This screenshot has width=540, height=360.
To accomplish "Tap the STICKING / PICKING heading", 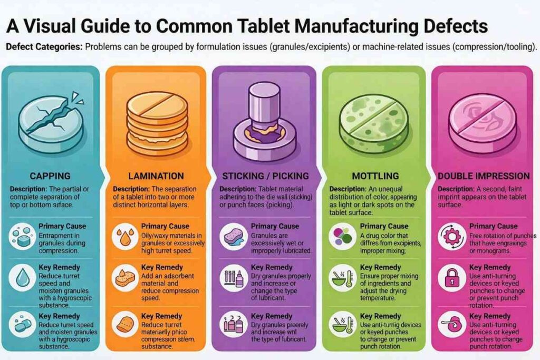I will coord(265,176).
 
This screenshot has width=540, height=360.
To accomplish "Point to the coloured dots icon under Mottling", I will coord(342,236).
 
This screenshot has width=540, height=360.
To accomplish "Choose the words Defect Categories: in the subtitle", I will coord(44,46).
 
